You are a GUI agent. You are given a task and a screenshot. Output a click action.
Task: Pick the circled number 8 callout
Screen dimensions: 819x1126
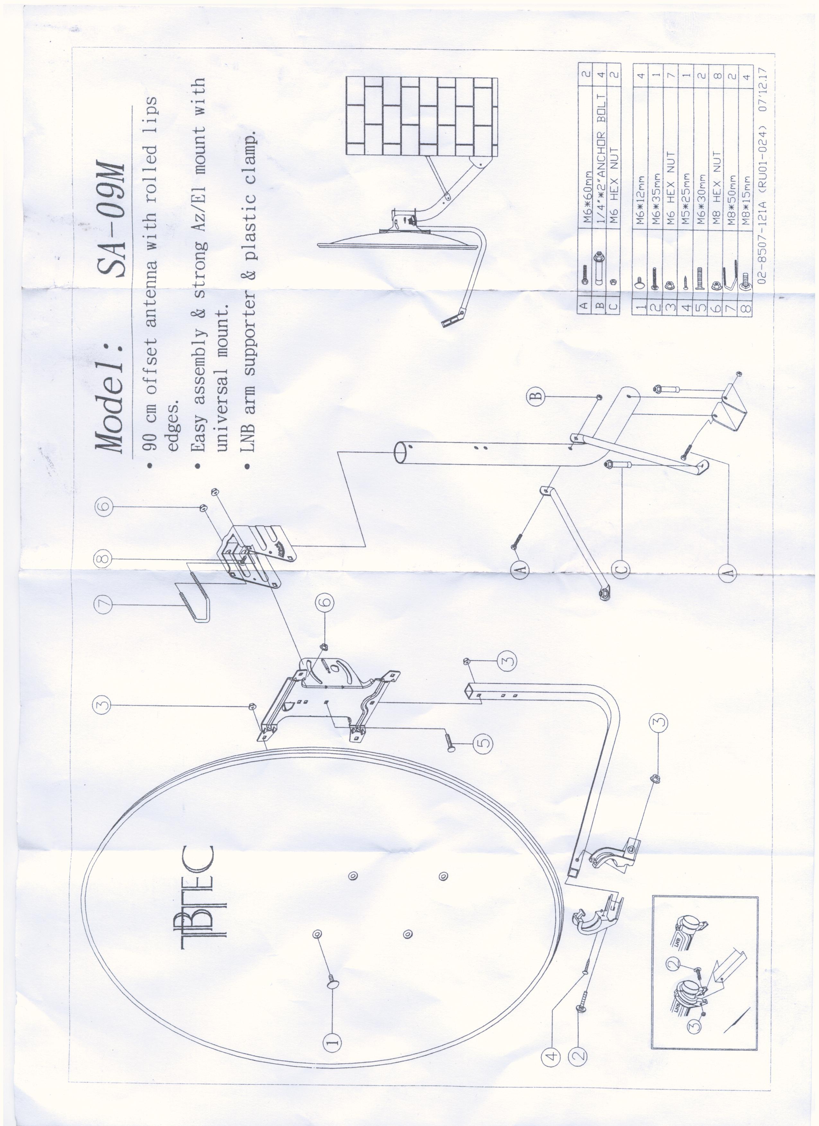click(x=102, y=558)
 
